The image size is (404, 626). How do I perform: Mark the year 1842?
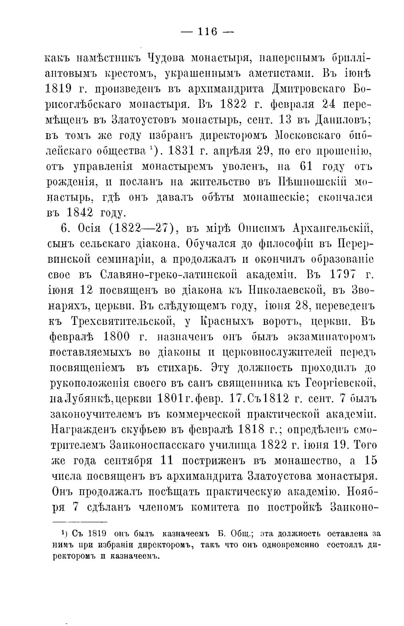tap(80, 213)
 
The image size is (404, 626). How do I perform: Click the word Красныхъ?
tap(230, 321)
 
